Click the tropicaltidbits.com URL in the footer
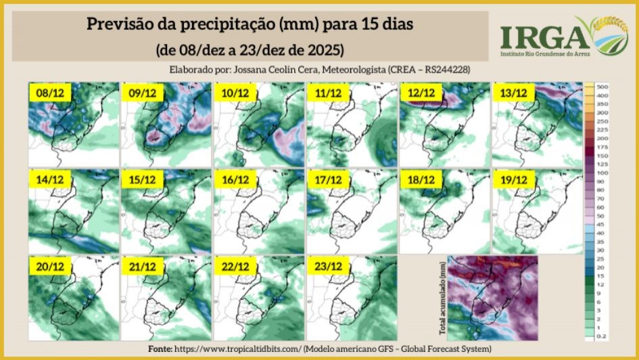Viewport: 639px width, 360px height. (238, 348)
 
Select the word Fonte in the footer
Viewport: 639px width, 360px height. (160, 348)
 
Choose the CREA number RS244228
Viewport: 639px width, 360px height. (446, 70)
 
